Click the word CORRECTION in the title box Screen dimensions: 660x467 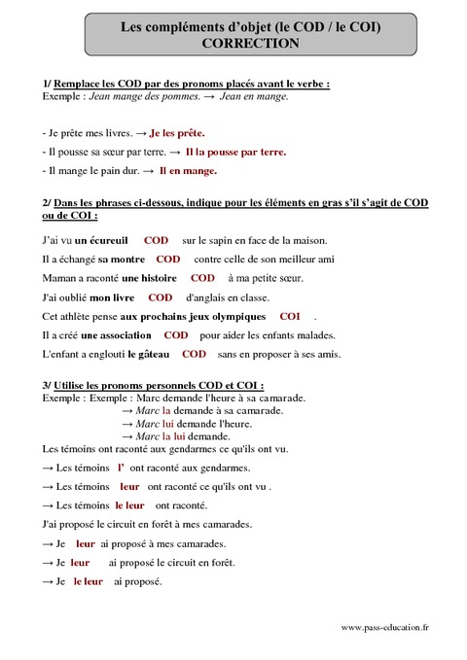(236, 44)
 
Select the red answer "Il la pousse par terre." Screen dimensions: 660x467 (235, 152)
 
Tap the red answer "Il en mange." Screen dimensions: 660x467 (188, 170)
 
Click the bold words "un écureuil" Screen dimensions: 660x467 (101, 239)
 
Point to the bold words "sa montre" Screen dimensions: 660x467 (122, 259)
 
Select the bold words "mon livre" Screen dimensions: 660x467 (111, 297)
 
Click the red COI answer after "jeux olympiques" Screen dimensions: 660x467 (290, 316)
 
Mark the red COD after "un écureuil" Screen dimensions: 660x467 (156, 239)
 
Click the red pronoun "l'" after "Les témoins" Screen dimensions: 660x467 (121, 468)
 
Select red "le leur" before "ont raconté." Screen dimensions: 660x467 (129, 505)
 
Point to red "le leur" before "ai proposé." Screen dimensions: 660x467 (88, 581)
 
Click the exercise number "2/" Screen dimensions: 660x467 (49, 202)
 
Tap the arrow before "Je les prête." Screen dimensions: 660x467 (141, 132)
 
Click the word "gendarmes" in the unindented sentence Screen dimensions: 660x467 (212, 448)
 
